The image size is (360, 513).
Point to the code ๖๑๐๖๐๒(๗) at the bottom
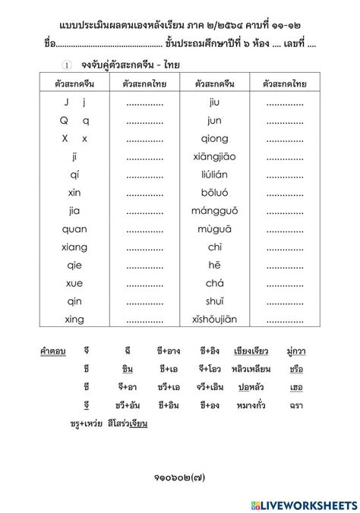point(179,477)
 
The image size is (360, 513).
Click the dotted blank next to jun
point(286,120)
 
